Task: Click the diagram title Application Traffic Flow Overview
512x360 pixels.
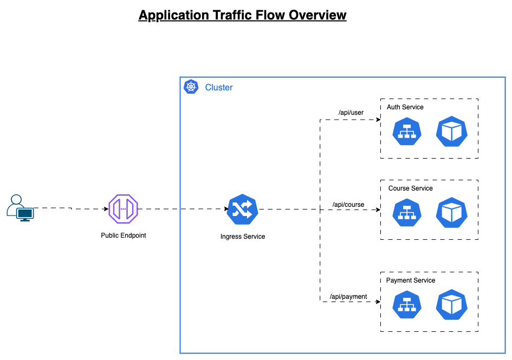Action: tap(242, 15)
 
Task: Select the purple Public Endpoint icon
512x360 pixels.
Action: tap(124, 208)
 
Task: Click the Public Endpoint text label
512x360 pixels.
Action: tap(124, 235)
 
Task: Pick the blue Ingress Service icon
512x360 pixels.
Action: tap(243, 209)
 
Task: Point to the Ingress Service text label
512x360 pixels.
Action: tap(243, 237)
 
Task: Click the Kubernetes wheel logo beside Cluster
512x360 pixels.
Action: tap(191, 87)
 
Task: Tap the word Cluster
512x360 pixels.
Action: tap(219, 87)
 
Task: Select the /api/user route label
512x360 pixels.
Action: tap(351, 113)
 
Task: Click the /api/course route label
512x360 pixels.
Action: tap(348, 205)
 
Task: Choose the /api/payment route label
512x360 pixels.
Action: tap(348, 297)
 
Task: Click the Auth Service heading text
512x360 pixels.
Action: tap(405, 107)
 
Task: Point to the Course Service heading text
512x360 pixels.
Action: tap(411, 188)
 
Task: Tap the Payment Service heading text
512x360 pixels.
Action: tap(411, 280)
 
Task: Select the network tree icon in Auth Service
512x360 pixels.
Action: tap(407, 132)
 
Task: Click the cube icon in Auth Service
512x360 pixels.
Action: tap(452, 132)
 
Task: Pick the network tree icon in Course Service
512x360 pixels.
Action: tap(407, 213)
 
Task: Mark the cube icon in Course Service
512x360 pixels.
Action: tap(452, 213)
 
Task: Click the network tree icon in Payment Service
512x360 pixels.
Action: tap(407, 305)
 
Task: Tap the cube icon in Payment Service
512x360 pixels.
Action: tap(452, 305)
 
